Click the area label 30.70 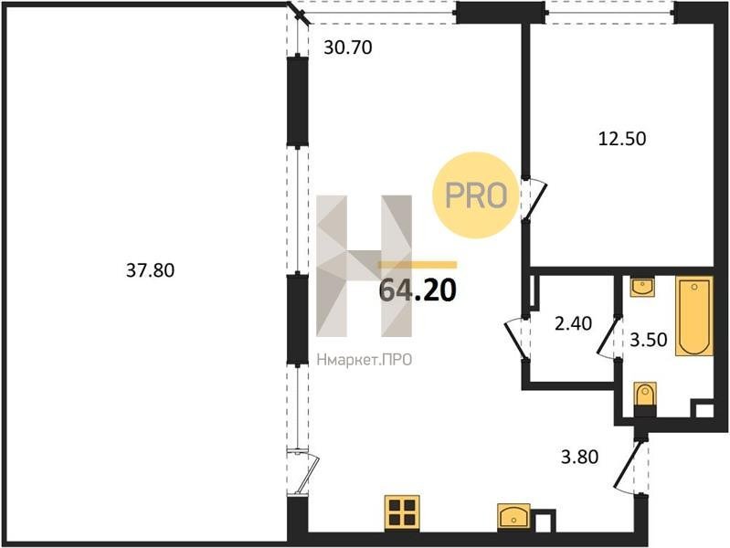pyautogui.click(x=348, y=47)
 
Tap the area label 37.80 pyautogui.click(x=151, y=270)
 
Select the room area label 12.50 pyautogui.click(x=622, y=139)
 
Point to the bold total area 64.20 pyautogui.click(x=418, y=290)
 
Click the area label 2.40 pyautogui.click(x=573, y=323)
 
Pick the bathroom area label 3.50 pyautogui.click(x=649, y=340)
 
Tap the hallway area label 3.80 pyautogui.click(x=579, y=457)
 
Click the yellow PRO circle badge pyautogui.click(x=476, y=195)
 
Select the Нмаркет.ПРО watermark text pyautogui.click(x=364, y=360)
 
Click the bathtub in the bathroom pyautogui.click(x=694, y=316)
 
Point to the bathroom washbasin pyautogui.click(x=642, y=287)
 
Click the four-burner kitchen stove pyautogui.click(x=402, y=512)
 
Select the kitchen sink pyautogui.click(x=514, y=516)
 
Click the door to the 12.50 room pyautogui.click(x=533, y=200)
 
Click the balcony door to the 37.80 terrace pyautogui.click(x=303, y=471)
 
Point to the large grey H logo pyautogui.click(x=364, y=266)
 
